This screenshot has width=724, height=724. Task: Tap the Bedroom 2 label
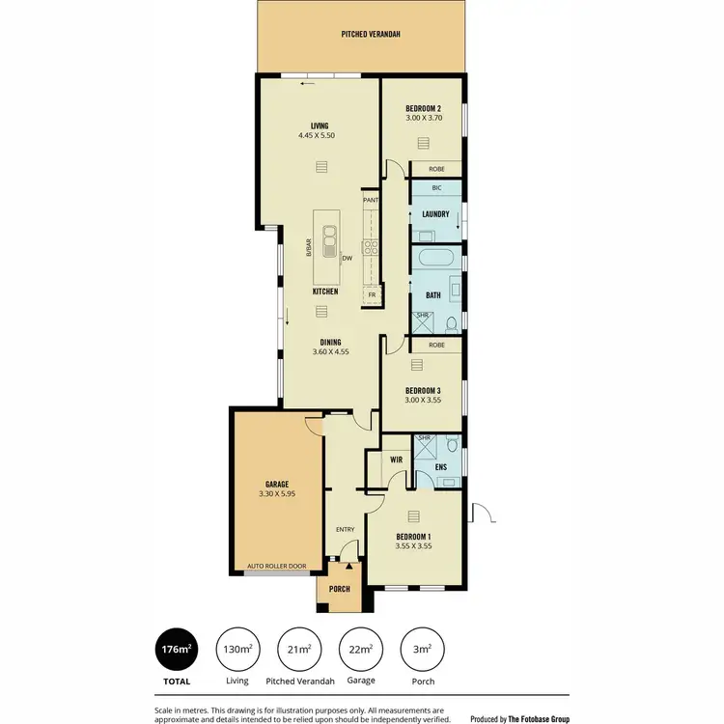pos(423,108)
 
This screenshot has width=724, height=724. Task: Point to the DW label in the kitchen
pos(346,258)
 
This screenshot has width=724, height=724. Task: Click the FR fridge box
pos(371,294)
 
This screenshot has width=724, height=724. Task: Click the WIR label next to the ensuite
pos(396,460)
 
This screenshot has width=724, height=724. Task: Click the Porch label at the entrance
pos(339,589)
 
